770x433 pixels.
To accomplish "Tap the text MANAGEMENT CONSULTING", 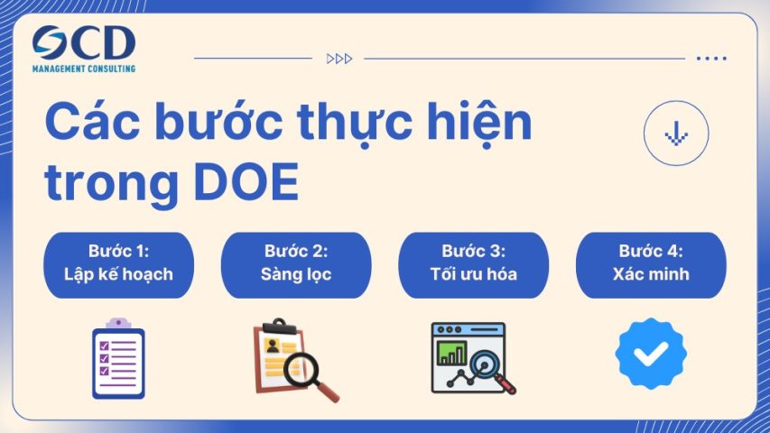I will click(83, 69).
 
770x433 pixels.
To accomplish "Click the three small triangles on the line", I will click(339, 59).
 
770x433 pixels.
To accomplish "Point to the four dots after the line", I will click(711, 59).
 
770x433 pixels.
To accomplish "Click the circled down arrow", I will click(676, 133).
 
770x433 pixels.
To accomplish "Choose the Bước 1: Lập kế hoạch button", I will click(118, 263).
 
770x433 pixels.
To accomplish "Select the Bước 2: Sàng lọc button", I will click(296, 263).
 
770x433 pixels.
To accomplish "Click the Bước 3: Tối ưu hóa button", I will click(473, 263).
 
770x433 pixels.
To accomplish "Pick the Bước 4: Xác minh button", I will click(650, 263).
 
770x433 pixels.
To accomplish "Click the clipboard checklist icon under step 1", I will click(118, 359).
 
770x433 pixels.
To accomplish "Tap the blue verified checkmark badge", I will click(651, 354).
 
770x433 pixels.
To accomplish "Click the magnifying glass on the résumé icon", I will click(303, 368).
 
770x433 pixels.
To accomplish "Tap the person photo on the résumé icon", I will click(273, 345).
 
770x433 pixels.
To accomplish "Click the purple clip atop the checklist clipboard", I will click(118, 323).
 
